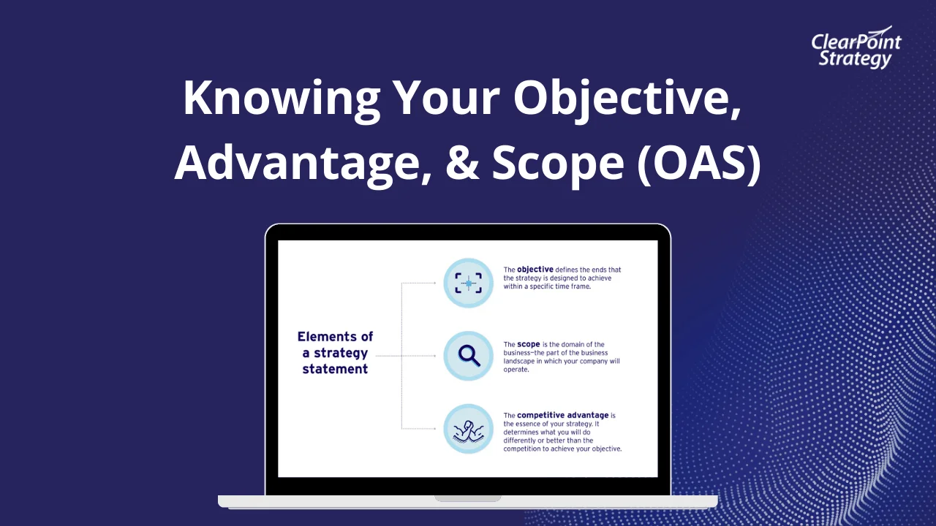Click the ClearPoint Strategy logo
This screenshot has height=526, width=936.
click(x=856, y=50)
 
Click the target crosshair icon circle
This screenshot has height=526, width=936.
click(x=468, y=283)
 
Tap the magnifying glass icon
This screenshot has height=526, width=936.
click(x=468, y=356)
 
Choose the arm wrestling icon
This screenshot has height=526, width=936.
click(x=468, y=429)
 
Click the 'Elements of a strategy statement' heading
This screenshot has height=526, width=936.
click(x=335, y=353)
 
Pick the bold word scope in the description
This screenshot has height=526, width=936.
click(x=528, y=344)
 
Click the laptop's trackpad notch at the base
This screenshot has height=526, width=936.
click(x=468, y=498)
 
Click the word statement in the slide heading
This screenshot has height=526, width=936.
click(x=335, y=369)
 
